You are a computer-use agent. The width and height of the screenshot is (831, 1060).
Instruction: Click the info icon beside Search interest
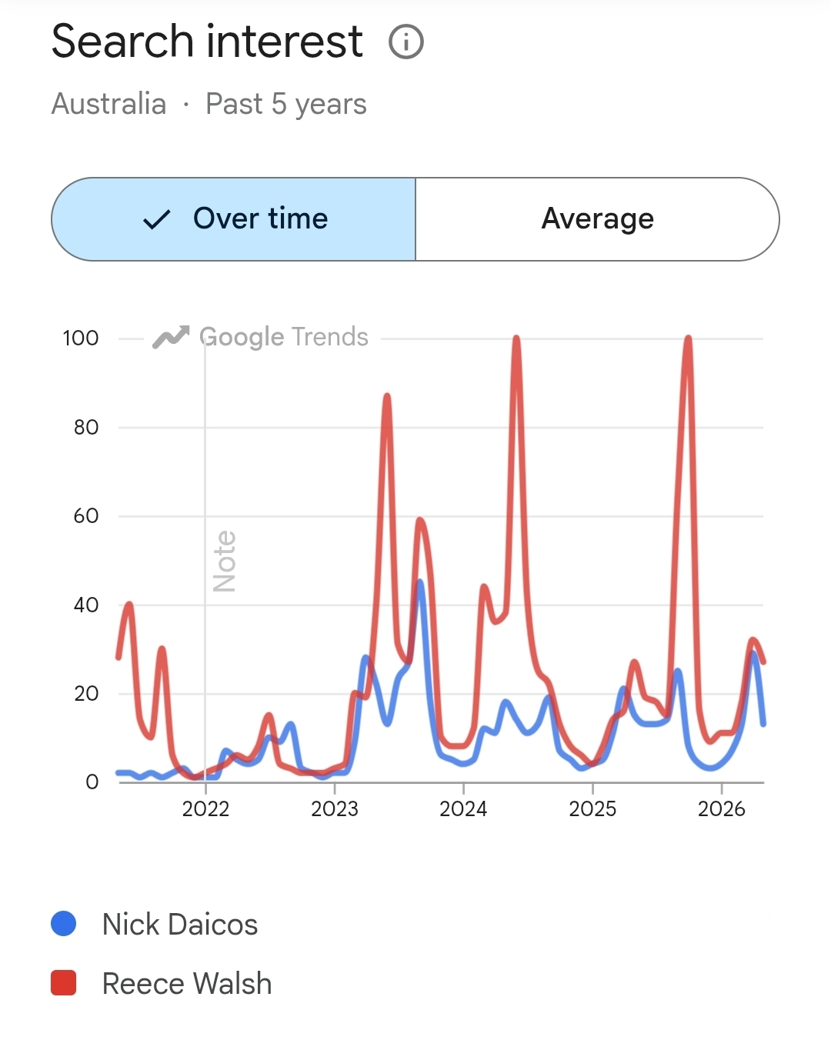point(406,42)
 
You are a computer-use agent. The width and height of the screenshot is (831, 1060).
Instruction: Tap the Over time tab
point(234,219)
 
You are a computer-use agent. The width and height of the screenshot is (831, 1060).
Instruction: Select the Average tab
point(597,219)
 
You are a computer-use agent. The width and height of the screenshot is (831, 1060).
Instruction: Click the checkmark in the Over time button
point(157,219)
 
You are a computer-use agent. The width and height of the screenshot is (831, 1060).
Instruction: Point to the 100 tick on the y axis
point(81,338)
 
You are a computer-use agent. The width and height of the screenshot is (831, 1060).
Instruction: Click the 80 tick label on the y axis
point(86,428)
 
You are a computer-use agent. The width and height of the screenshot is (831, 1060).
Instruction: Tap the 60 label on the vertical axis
point(86,516)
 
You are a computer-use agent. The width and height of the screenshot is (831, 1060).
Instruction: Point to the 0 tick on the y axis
point(92,782)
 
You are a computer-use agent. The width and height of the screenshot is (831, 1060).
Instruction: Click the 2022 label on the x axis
point(205,809)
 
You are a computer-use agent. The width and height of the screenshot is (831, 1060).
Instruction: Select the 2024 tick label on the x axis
point(463,809)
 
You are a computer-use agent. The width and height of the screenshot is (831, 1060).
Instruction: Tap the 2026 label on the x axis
point(721,809)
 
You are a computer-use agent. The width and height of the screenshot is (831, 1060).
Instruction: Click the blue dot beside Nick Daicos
point(63,923)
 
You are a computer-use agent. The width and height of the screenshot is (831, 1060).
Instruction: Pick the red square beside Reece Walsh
point(63,982)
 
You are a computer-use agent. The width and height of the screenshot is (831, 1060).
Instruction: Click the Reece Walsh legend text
point(187,983)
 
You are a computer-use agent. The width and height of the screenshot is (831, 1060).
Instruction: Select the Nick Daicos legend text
point(180,925)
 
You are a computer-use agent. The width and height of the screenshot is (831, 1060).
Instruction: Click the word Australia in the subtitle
point(108,104)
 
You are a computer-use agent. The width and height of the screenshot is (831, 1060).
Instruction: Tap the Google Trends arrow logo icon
point(171,337)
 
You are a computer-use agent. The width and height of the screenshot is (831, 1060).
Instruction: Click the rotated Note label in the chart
point(225,562)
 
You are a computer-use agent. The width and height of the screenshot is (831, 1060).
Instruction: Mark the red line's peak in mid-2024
point(516,338)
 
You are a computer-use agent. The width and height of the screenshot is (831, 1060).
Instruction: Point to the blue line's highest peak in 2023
point(420,582)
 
